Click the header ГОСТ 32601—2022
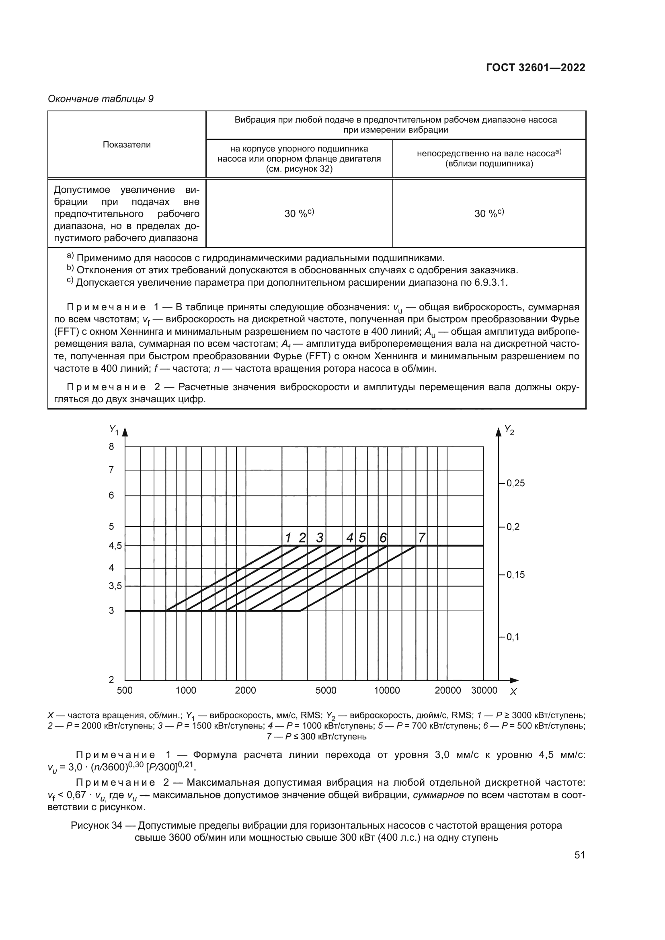(x=535, y=68)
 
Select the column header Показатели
(x=127, y=145)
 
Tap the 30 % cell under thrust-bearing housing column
(x=299, y=213)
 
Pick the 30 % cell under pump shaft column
(x=489, y=213)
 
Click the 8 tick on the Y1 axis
(x=111, y=446)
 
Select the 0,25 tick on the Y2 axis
(x=515, y=483)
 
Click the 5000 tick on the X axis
(x=326, y=691)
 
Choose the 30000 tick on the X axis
(x=484, y=691)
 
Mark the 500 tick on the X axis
(x=125, y=691)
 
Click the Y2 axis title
(x=509, y=430)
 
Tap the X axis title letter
(x=513, y=692)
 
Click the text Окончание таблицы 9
(x=101, y=99)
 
